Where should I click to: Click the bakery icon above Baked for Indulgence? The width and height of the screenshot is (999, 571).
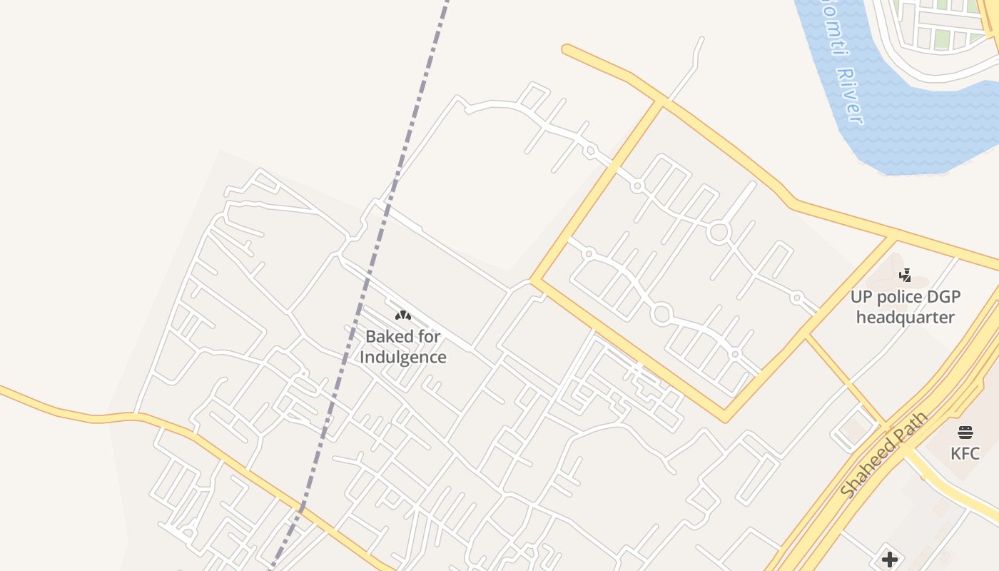[x=403, y=315]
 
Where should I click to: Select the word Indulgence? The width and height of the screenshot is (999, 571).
[x=403, y=357]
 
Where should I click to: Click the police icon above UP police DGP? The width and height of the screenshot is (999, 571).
[x=905, y=275]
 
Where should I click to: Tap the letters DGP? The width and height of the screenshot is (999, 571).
[x=945, y=296]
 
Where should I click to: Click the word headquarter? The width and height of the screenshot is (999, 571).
[x=906, y=317]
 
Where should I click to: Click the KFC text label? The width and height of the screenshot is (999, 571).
[x=965, y=453]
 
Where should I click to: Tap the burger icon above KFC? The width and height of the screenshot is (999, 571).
[x=965, y=432]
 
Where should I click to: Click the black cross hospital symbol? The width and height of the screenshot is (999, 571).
[x=889, y=559]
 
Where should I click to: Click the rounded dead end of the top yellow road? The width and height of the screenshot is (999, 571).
[x=567, y=49]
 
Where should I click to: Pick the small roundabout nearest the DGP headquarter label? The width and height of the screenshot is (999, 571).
[x=797, y=298]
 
